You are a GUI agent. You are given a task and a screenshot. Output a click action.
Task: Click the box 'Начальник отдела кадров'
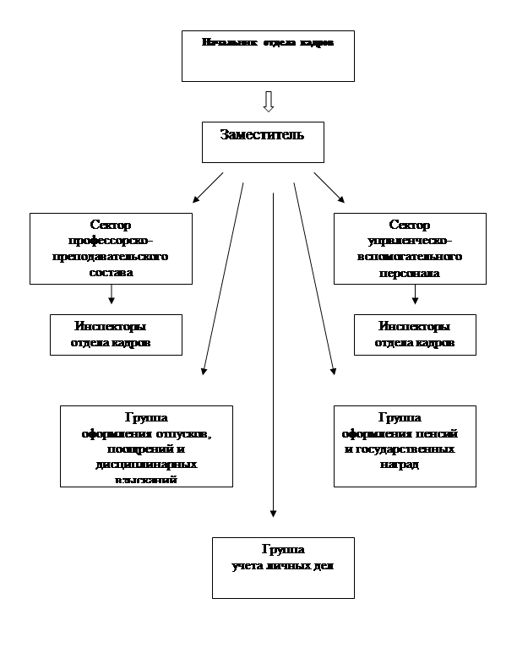coord(268,56)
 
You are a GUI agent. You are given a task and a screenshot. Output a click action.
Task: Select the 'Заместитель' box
coord(263,142)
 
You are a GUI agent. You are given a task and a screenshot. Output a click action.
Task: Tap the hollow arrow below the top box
coord(269,101)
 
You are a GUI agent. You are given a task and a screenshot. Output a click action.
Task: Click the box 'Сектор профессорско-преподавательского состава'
coord(111,248)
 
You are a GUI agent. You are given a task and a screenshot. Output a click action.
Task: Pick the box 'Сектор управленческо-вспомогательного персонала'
coord(410,248)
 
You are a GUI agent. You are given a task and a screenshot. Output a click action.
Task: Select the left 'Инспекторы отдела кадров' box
coord(116,334)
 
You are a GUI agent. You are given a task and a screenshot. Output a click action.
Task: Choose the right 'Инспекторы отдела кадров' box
coord(415,334)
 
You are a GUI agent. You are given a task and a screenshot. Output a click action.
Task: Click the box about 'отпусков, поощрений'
coord(146,446)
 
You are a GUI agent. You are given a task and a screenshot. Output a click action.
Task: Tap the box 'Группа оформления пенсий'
coord(405,446)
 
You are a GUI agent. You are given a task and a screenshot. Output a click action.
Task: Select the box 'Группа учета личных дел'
coord(283,568)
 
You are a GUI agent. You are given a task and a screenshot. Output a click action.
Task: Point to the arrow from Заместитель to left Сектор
coord(208,188)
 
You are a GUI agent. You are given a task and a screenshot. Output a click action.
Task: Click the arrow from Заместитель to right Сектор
coord(329,188)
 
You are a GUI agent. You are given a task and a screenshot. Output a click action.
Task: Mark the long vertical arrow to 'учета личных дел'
coord(273,355)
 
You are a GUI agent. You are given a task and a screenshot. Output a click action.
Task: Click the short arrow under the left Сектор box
coord(112,294)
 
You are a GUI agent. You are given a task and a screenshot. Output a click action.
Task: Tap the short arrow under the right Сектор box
coord(415,294)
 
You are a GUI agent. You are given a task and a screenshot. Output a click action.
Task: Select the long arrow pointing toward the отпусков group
coord(223,279)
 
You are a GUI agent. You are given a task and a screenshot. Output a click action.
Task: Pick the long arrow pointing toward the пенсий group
coord(314,279)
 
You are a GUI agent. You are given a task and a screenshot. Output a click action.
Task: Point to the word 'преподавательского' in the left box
coord(111,255)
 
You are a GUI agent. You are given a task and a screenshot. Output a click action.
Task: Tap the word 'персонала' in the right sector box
coord(410,273)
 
